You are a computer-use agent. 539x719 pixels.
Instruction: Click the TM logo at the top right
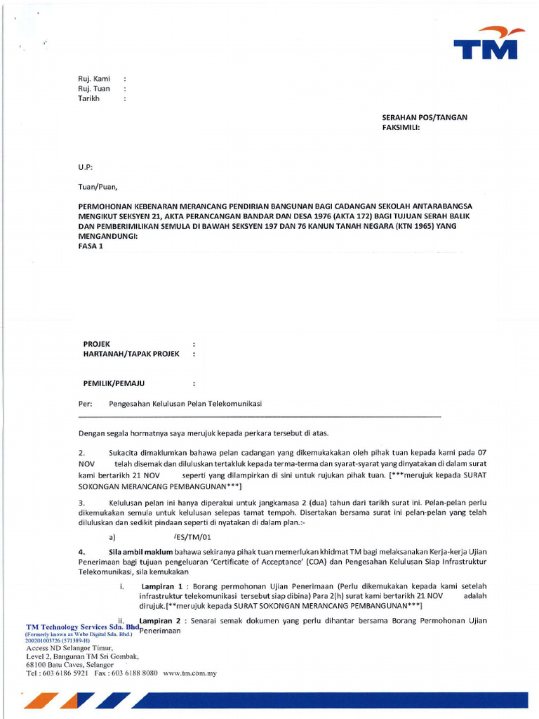tap(485, 43)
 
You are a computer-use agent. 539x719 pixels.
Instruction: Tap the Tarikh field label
tap(88, 98)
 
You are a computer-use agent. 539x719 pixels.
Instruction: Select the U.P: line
tap(84, 167)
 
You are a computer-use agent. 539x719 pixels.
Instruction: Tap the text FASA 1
tap(90, 246)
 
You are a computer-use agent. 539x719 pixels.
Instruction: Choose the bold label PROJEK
tap(98, 343)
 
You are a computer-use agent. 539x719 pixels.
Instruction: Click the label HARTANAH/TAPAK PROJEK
tap(126, 353)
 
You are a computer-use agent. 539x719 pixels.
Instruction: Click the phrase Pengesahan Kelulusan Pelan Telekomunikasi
tap(185, 404)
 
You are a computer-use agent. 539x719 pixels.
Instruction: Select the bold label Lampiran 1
tap(161, 586)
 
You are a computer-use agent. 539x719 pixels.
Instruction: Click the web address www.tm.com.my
tap(189, 673)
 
